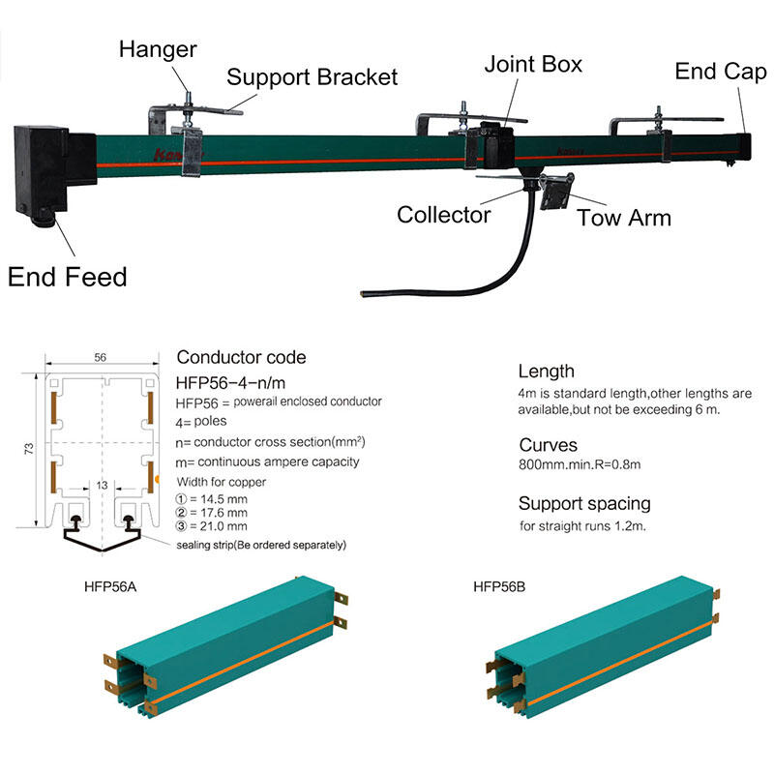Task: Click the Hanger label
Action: (x=158, y=48)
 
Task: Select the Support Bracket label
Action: (x=312, y=77)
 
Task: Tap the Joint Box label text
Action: (x=533, y=65)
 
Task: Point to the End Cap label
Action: (x=721, y=72)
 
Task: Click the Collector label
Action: (x=444, y=214)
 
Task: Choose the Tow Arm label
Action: (x=624, y=217)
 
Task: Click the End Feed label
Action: (x=68, y=278)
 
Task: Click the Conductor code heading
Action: (x=241, y=358)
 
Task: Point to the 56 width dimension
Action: (x=100, y=357)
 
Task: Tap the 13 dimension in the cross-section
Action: (x=100, y=484)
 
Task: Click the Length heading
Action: (x=546, y=372)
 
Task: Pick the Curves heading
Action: (x=548, y=446)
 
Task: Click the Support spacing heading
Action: (x=584, y=503)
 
